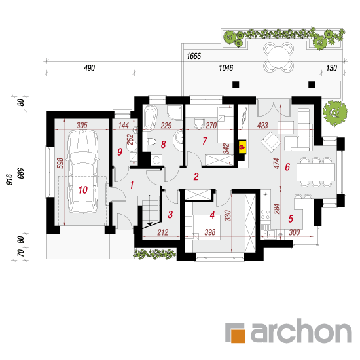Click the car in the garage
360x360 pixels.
[82, 171]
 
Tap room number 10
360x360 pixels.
[83, 190]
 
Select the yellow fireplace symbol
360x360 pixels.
[242, 147]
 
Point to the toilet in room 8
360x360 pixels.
[151, 141]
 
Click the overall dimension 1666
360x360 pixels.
[194, 56]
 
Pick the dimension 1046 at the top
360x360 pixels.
[226, 68]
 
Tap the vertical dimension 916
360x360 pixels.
[9, 179]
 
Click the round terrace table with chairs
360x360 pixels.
[278, 57]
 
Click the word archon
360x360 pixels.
[301, 331]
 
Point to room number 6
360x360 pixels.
[287, 167]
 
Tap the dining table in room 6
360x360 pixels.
[315, 171]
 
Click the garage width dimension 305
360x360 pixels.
[82, 126]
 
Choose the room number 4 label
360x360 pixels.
[212, 215]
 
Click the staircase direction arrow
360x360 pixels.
[149, 224]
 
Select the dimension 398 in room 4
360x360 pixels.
[210, 232]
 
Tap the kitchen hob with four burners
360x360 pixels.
[265, 215]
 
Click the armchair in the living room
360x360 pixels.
[271, 141]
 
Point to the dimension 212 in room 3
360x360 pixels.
[163, 232]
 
